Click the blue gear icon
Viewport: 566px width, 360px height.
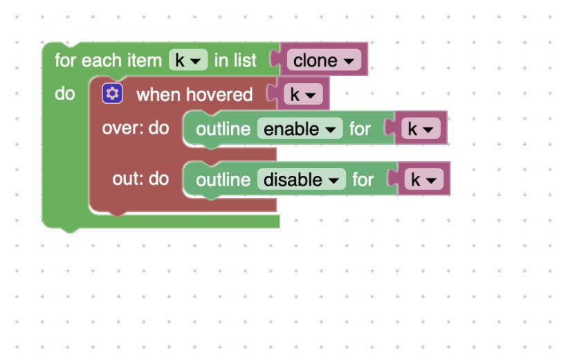[x=112, y=93]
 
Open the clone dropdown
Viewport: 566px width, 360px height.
[x=324, y=60]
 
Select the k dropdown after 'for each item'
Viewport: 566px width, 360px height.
[x=188, y=60]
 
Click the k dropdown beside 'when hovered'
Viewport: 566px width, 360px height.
[x=303, y=95]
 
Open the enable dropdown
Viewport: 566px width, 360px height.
[x=300, y=129]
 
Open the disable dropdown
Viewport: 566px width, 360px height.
[x=302, y=179]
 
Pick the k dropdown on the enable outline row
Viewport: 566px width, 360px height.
[x=421, y=129]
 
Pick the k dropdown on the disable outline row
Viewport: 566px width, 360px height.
[x=423, y=179]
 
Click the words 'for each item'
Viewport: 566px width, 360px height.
[x=109, y=60]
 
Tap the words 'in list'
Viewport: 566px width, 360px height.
[x=235, y=60]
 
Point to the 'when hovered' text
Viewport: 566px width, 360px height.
[x=194, y=95]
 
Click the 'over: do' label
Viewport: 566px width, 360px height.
[x=136, y=128]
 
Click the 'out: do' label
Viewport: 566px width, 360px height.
[x=140, y=179]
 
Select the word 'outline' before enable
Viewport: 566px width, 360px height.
[x=223, y=129]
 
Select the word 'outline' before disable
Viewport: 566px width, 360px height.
[x=223, y=180]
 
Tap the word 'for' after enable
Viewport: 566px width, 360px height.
[x=360, y=129]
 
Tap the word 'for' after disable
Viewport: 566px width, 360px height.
[x=363, y=180]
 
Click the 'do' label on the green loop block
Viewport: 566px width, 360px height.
[x=65, y=94]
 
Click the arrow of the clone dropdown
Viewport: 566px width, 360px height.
[x=349, y=61]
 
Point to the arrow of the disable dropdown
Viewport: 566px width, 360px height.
[x=334, y=181]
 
